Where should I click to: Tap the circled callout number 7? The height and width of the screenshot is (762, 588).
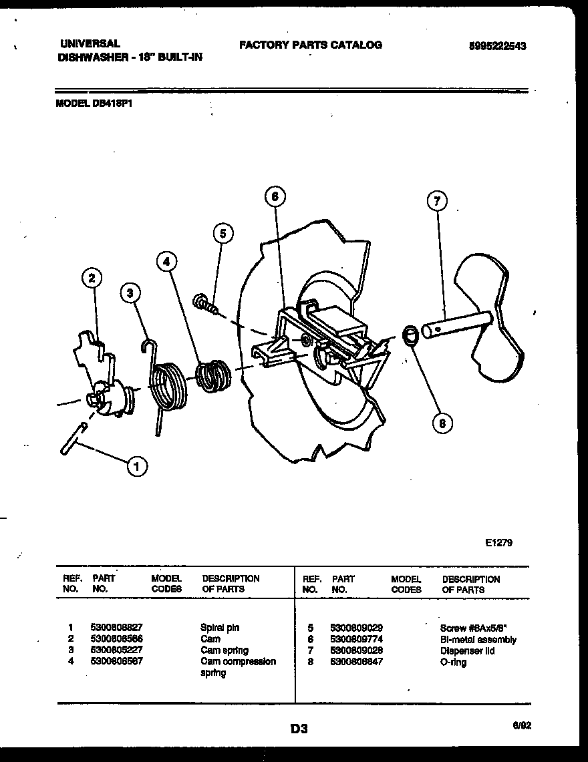coord(436,201)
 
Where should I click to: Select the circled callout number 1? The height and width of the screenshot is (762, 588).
coord(137,467)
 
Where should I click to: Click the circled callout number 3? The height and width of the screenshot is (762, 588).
coord(132,292)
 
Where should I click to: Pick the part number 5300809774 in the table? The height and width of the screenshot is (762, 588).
coord(356,640)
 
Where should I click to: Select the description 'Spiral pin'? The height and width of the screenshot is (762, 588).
coord(220,628)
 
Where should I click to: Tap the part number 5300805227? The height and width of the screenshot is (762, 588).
coord(116,650)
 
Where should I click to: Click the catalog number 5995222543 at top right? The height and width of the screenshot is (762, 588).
coord(497,46)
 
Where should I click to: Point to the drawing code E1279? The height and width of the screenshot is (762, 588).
coord(498,543)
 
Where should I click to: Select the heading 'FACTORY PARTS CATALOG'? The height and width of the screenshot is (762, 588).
coord(310,45)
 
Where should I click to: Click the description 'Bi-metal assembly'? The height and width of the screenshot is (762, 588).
coord(478,640)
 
